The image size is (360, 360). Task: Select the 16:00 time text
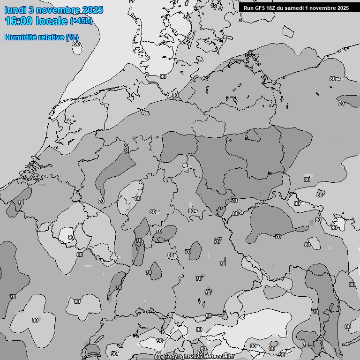coord(20,21)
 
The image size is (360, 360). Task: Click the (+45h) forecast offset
coord(81,21)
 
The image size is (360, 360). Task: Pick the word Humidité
coord(20,37)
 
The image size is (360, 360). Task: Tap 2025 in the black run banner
coord(342,8)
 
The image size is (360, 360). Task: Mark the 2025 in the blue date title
coord(92,10)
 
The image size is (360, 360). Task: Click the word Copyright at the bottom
coord(177,357)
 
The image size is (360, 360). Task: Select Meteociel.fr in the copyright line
coord(218,357)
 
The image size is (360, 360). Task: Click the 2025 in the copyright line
coord(197,357)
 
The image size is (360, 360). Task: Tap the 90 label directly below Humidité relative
coord(76,44)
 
